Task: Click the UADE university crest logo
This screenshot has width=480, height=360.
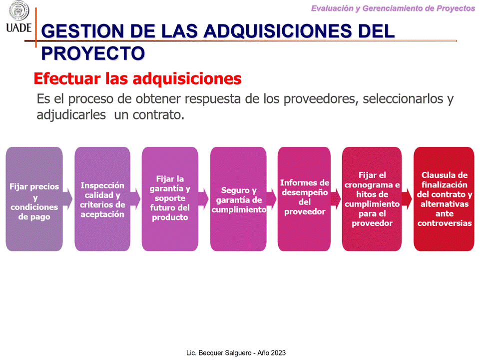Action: (x=19, y=10)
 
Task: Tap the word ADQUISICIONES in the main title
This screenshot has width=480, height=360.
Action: (x=278, y=31)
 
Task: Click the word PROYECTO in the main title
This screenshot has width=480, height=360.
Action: (x=93, y=53)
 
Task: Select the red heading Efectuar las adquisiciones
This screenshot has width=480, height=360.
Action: (x=137, y=78)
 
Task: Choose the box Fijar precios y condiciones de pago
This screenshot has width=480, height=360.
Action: (x=34, y=199)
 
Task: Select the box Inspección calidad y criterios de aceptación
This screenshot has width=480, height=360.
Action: (x=102, y=199)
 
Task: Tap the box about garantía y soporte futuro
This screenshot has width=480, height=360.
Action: (x=170, y=199)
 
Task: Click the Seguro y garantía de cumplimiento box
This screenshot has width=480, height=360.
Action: (x=238, y=199)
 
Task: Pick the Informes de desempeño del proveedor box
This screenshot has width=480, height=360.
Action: (x=304, y=199)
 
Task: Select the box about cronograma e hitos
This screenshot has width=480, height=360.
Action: (x=372, y=199)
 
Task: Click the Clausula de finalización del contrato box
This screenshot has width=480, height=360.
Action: (x=444, y=199)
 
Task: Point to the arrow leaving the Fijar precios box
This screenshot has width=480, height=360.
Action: (x=67, y=199)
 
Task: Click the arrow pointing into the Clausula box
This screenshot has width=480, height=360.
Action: (x=407, y=199)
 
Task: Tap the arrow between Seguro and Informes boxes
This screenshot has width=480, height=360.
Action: (x=272, y=199)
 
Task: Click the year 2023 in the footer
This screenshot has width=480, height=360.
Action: (x=278, y=353)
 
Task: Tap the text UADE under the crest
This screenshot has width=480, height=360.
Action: (x=19, y=27)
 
